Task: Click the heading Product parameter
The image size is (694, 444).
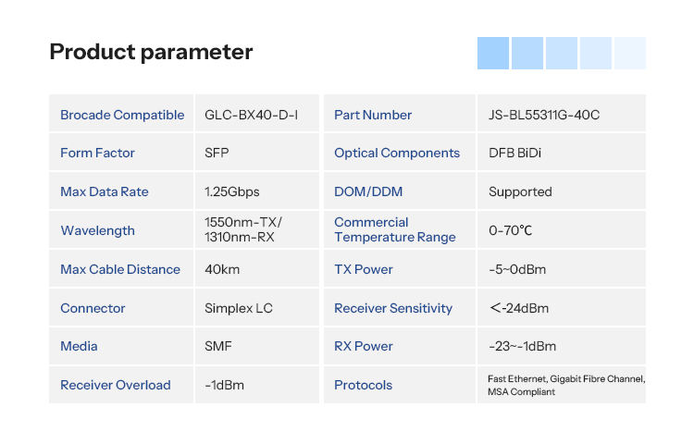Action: point(151,52)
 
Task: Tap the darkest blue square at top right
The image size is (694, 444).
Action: point(493,53)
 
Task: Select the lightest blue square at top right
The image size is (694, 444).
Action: point(630,53)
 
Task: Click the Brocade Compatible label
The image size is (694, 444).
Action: point(122,115)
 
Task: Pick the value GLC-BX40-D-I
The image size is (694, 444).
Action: point(251,115)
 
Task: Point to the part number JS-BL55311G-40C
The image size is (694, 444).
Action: point(544,115)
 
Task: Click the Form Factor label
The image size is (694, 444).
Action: point(97,153)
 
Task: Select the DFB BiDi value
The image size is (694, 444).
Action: point(514,153)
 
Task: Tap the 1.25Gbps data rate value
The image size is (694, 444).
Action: point(232,191)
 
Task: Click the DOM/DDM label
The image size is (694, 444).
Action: point(368,191)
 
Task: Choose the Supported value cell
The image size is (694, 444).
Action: point(520,191)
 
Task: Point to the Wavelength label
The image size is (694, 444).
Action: point(97,230)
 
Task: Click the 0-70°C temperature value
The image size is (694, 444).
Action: point(510,230)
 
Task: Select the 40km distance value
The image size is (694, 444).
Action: point(222,269)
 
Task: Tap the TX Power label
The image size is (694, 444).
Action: point(364,269)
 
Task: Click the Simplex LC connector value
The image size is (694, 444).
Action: point(238,308)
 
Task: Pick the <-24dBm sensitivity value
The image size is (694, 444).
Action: point(519,308)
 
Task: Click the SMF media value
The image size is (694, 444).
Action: point(218,346)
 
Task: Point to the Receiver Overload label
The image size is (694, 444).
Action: point(115,385)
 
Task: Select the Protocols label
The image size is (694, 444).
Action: point(363,385)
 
